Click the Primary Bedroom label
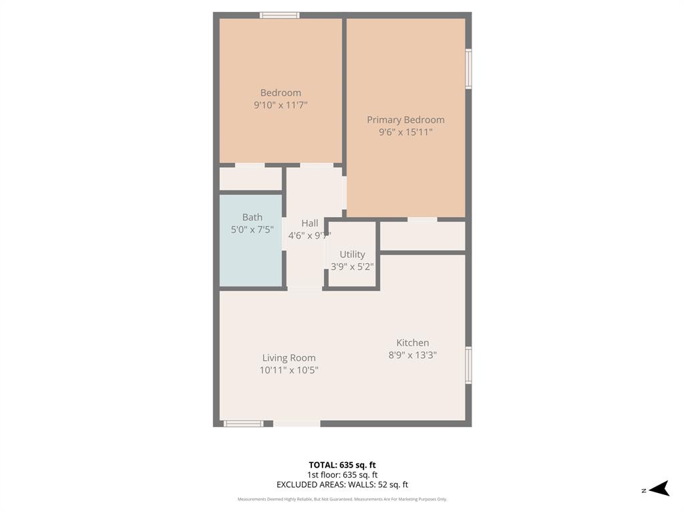click(405, 120)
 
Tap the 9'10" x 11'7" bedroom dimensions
click(281, 105)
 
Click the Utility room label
click(352, 254)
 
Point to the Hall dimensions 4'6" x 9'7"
click(309, 236)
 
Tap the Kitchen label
click(413, 343)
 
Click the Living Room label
click(289, 358)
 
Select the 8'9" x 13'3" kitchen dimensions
click(413, 355)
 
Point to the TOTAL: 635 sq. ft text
click(342, 465)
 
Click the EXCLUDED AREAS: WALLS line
click(342, 485)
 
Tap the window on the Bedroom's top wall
click(279, 15)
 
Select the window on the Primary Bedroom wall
click(469, 69)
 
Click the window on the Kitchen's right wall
click(469, 365)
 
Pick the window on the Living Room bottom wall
click(243, 423)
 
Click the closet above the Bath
click(250, 178)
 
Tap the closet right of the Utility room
click(422, 236)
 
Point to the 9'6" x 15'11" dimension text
click(405, 132)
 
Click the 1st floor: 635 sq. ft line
click(342, 475)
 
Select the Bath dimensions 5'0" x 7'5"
click(251, 229)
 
